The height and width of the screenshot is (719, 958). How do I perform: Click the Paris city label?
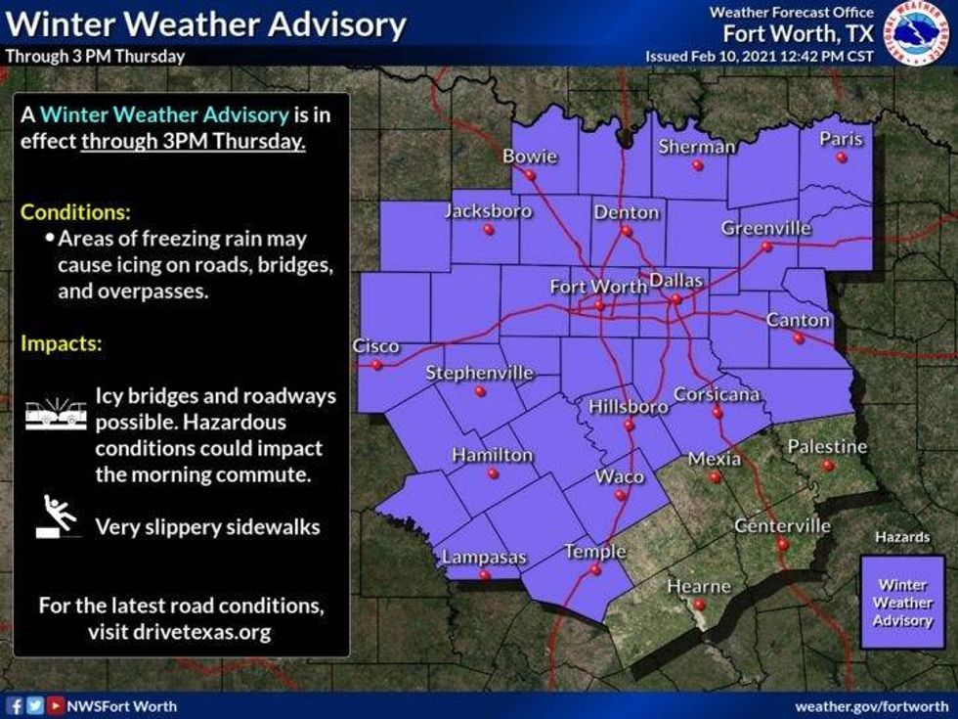coord(841,139)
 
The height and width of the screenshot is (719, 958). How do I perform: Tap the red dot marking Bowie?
coord(530,176)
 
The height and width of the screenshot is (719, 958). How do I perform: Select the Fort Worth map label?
coord(598,287)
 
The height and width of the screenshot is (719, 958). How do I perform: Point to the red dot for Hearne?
coord(698,605)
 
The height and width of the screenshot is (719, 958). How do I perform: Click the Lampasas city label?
coord(484,558)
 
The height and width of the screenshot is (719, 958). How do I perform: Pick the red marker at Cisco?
coord(376,365)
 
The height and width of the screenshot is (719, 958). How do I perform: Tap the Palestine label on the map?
coord(828,447)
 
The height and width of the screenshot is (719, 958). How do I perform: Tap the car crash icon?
coord(55,412)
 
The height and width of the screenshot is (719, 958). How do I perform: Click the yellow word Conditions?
coord(75,212)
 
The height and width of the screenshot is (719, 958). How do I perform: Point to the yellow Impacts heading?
coord(62,344)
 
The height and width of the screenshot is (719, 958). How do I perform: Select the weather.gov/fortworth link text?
coord(871,705)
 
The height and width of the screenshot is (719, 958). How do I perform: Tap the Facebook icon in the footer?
coord(15,705)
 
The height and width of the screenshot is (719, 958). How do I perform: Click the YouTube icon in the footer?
coord(57,705)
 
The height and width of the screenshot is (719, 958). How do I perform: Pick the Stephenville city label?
coord(480,373)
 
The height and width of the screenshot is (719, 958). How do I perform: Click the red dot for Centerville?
coord(782,544)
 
